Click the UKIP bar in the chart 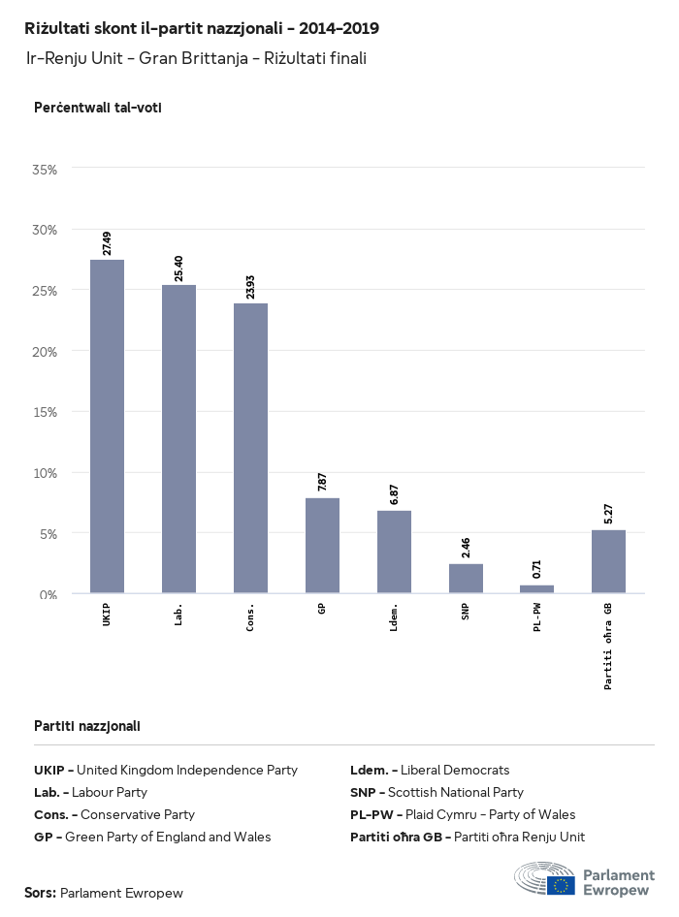[x=107, y=427]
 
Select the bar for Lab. [x=178, y=439]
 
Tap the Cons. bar [x=250, y=448]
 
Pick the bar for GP [x=322, y=546]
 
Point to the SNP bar [x=466, y=579]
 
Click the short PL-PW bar [x=537, y=589]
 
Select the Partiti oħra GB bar [x=608, y=561]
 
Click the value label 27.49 [x=107, y=243]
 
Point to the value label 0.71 [x=537, y=569]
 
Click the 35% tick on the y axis [x=46, y=169]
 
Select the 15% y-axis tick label [x=46, y=412]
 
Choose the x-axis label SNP [x=466, y=613]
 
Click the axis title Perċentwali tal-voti [x=97, y=108]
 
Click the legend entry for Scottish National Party [x=436, y=792]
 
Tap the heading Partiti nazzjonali [x=86, y=725]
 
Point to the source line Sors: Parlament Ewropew [x=104, y=893]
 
